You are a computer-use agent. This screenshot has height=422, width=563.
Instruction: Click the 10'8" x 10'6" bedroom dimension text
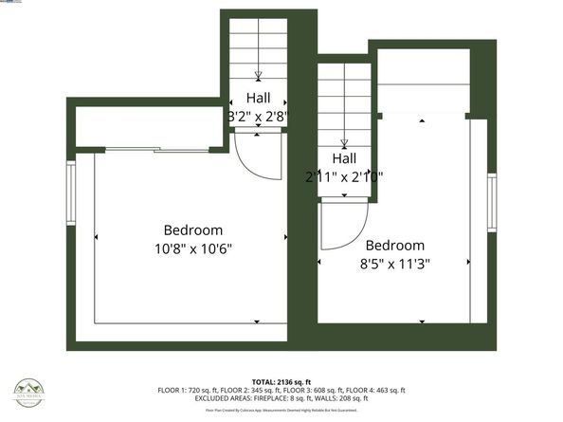click(193, 248)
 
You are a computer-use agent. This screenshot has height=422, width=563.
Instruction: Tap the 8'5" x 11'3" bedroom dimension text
click(394, 265)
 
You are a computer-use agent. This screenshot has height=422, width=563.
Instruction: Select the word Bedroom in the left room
click(193, 230)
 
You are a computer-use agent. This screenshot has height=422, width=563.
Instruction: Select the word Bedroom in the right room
click(394, 245)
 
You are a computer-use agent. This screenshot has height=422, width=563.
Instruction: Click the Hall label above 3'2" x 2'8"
click(258, 98)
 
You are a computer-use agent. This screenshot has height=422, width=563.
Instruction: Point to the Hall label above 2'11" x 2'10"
click(343, 158)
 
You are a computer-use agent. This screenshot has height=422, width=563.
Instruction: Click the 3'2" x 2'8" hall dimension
click(258, 116)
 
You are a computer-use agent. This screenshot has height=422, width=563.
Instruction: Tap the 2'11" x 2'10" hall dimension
click(343, 176)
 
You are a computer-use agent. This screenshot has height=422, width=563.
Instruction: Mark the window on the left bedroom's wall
click(70, 193)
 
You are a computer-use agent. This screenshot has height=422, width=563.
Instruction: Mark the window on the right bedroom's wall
click(491, 203)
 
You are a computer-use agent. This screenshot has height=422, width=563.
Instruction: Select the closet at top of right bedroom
click(424, 83)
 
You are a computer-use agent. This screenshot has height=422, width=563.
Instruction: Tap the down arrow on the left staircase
click(258, 74)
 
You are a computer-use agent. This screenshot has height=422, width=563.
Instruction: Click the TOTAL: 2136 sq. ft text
click(281, 379)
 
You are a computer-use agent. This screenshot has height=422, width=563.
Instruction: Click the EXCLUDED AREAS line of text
click(281, 399)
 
